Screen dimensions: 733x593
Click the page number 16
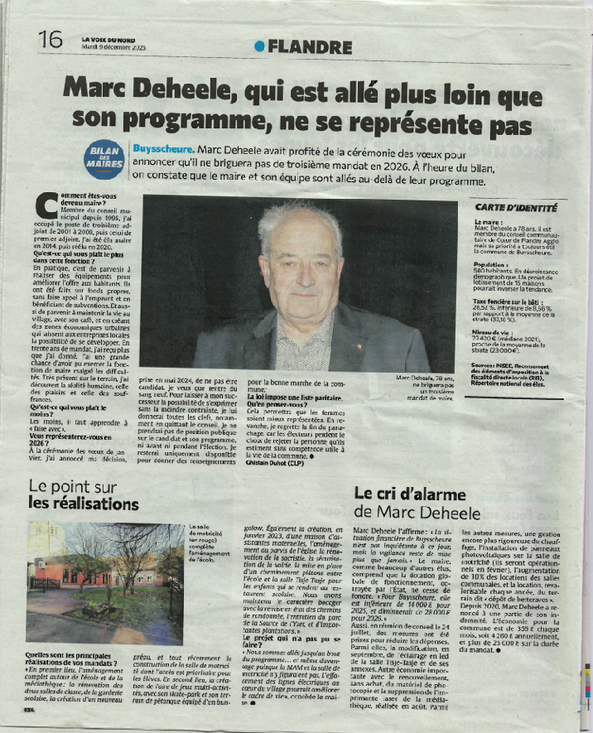50,38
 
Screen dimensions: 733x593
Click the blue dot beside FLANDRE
260,46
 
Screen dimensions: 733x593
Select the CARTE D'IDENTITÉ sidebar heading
516,208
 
